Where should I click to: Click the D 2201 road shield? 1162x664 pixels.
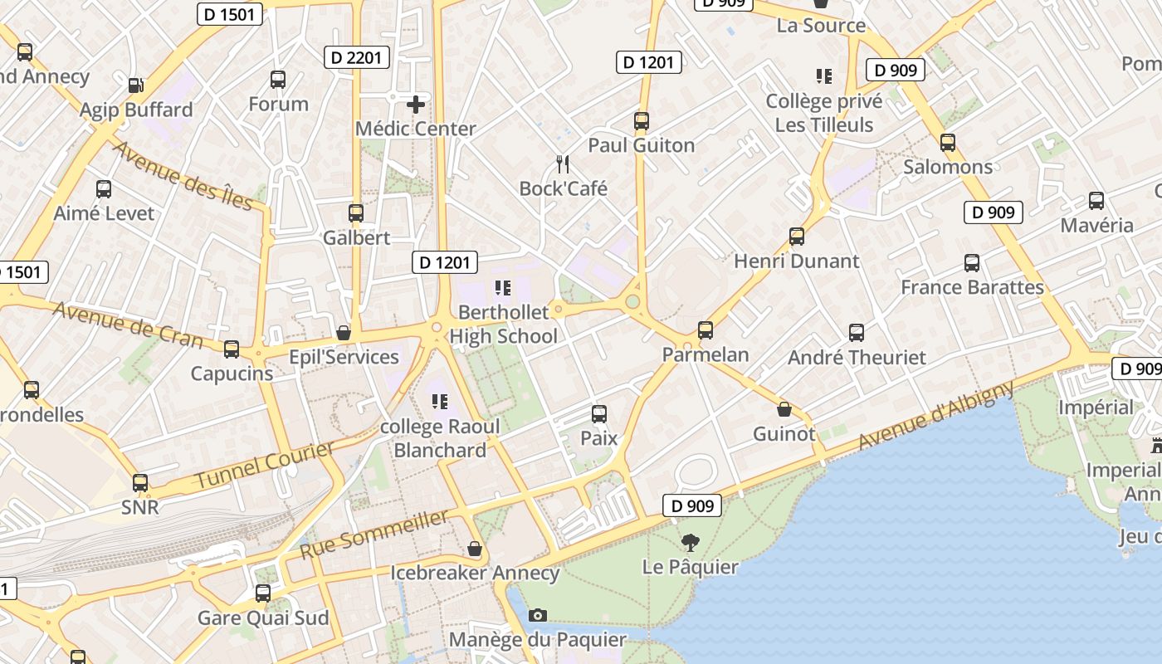[356, 57]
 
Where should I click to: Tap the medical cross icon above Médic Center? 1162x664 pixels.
[416, 105]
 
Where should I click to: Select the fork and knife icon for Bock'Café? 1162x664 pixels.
[564, 164]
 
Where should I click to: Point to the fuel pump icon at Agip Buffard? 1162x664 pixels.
[135, 85]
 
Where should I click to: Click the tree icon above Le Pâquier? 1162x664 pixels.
[690, 543]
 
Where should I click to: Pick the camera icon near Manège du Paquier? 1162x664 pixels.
[538, 615]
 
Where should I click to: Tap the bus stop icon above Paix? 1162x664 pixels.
[599, 413]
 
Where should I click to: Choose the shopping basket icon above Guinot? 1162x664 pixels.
[784, 409]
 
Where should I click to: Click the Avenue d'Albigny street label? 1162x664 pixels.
[935, 415]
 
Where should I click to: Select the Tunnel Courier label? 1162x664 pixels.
[264, 466]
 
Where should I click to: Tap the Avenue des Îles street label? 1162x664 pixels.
[182, 175]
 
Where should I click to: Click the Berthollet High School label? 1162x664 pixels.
[504, 324]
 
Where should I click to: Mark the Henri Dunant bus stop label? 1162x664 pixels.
[796, 261]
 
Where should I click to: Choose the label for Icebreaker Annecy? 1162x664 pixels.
[475, 573]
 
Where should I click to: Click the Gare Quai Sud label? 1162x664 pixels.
[263, 618]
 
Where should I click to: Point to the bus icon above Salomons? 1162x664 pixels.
[948, 143]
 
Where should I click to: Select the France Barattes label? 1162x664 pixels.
[972, 287]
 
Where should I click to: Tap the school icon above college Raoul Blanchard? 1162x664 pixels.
[440, 402]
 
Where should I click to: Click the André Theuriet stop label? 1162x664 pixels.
[857, 358]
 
